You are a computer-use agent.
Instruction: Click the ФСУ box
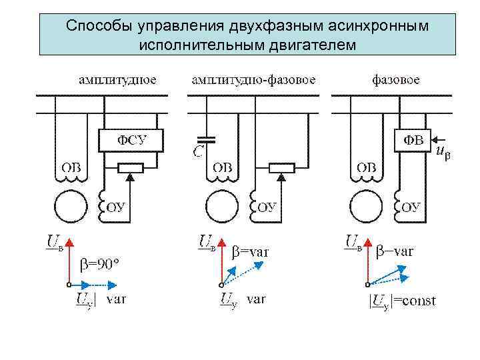pos(131,139)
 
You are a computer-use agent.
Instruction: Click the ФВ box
pos(413,139)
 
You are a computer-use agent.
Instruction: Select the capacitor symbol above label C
pos(208,140)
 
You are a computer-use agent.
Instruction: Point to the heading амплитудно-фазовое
pos(253,80)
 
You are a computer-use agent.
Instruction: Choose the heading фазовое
pos(395,80)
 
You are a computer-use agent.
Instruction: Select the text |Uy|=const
pos(402,301)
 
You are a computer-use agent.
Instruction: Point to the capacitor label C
pos(199,153)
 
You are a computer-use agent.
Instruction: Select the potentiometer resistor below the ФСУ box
pos(131,167)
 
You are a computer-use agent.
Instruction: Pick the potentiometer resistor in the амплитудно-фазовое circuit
pos(282,167)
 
